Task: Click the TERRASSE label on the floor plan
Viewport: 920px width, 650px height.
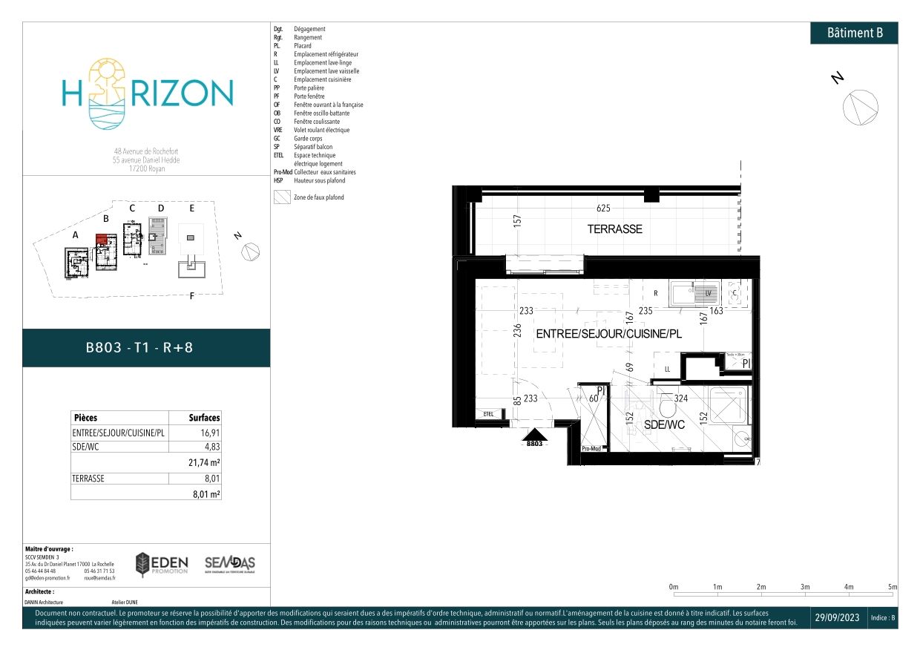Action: coord(614,229)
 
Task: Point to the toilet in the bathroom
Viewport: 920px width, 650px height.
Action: coord(666,407)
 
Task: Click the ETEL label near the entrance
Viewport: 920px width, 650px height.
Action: coord(488,413)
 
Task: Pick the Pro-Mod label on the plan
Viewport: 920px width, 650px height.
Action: coord(591,448)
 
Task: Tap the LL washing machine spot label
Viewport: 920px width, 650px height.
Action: coord(667,369)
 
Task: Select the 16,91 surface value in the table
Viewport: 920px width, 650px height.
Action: coord(210,432)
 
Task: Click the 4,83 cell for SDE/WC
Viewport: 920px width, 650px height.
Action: coord(211,446)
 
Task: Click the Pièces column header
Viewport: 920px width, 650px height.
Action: coord(85,418)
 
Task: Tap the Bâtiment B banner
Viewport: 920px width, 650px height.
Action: coord(854,33)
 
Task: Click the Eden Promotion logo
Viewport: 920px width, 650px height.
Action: coord(162,565)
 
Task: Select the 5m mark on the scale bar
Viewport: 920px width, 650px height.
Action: coord(893,587)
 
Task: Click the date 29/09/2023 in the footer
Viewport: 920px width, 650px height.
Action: coord(838,618)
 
